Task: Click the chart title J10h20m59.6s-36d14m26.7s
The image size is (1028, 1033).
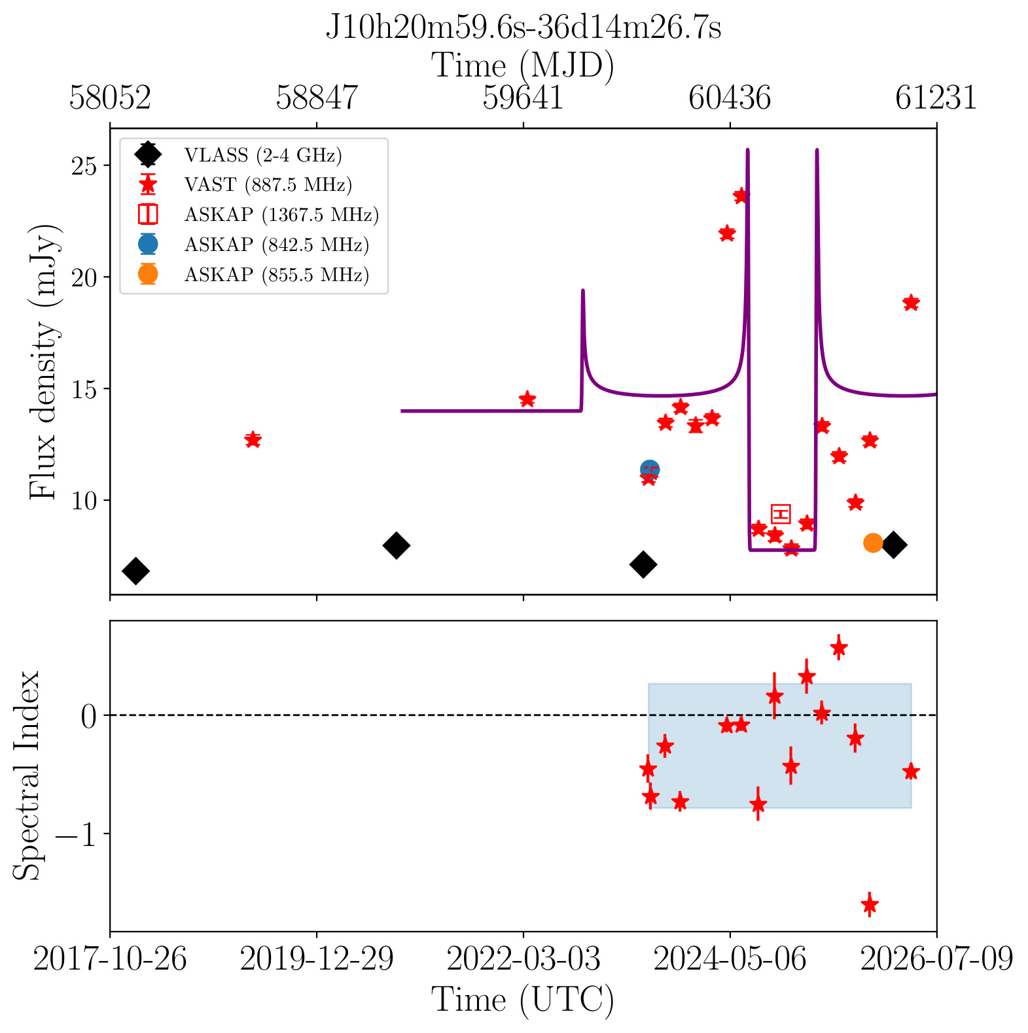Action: pos(523,28)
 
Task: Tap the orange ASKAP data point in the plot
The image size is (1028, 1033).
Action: pos(873,543)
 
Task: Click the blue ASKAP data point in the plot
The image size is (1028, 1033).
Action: pos(649,469)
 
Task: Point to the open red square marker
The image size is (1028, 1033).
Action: pos(781,514)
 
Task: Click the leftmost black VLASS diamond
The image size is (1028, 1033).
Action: pos(135,571)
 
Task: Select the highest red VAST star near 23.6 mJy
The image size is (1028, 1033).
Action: pos(741,195)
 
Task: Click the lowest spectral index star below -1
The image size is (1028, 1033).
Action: pos(870,905)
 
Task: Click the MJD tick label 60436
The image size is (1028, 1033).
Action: pos(730,98)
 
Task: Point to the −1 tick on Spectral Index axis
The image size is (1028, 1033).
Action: pos(79,834)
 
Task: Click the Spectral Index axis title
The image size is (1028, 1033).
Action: pos(27,775)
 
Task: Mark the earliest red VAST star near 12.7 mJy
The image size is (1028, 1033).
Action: pos(253,440)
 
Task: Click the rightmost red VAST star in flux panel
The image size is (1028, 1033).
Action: pos(911,303)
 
